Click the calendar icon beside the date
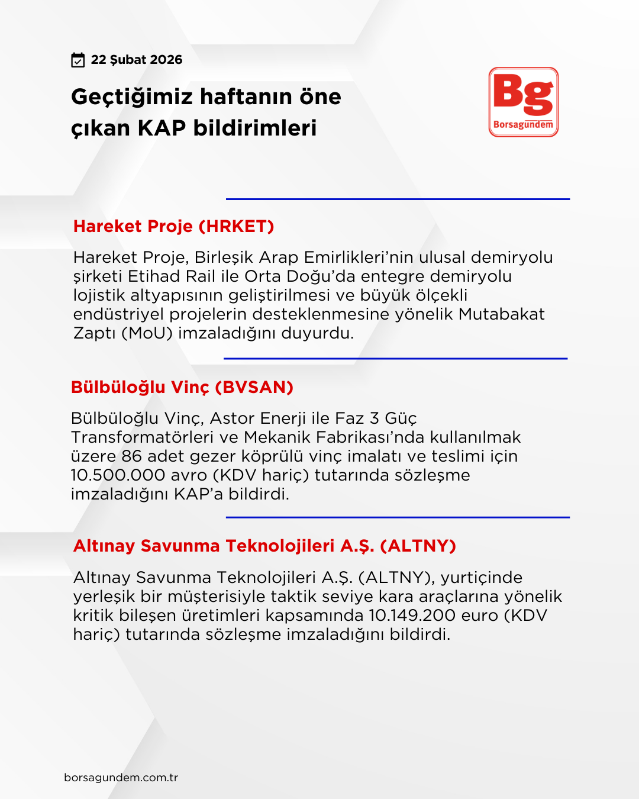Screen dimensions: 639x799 click(x=78, y=60)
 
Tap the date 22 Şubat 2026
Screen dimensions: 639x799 click(x=137, y=60)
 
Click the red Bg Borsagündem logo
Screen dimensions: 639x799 click(x=524, y=102)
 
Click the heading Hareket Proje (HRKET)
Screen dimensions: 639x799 click(x=173, y=226)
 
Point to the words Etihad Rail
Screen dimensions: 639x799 click(x=171, y=276)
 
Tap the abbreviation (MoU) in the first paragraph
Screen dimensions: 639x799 click(x=147, y=333)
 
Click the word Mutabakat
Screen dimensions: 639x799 click(x=501, y=314)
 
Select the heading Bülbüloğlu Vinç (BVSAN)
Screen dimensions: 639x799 click(x=182, y=387)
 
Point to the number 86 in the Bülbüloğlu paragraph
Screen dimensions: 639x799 click(x=131, y=456)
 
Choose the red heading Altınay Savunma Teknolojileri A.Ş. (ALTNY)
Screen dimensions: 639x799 click(x=264, y=546)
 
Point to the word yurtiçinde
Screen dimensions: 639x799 click(x=482, y=578)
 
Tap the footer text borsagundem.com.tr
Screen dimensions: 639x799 click(x=121, y=778)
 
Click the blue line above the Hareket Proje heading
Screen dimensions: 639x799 click(x=398, y=199)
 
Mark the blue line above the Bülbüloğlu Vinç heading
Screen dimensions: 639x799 click(x=395, y=359)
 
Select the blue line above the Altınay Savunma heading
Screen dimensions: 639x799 click(x=398, y=517)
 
